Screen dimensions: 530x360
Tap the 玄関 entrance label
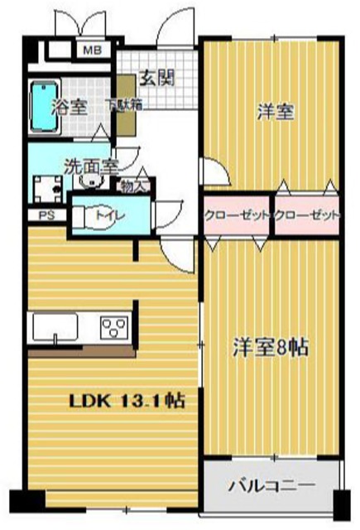coord(156,79)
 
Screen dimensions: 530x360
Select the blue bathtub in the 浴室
coord(41,107)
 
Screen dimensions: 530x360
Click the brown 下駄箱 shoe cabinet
coord(126,108)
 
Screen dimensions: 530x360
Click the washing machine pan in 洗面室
coord(45,189)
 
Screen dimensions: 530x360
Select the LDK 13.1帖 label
coord(126,401)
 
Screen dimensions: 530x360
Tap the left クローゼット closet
coord(237,215)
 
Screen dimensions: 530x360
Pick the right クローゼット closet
coord(306,215)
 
